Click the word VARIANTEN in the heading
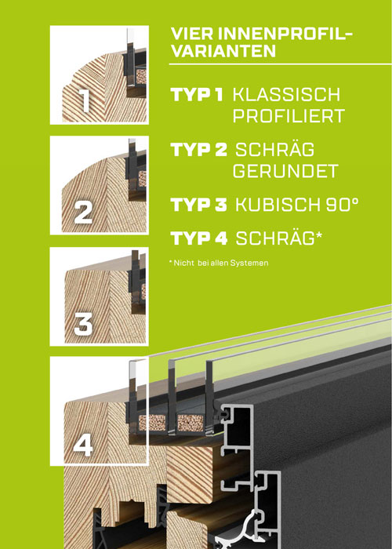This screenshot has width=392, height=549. click(223, 51)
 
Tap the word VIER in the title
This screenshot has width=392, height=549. click(192, 35)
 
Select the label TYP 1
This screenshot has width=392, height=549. click(197, 95)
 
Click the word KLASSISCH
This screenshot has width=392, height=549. click(286, 95)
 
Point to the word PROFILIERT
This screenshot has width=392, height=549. click(289, 116)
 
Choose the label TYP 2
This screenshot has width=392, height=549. click(199, 150)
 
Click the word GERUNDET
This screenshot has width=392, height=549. click(285, 171)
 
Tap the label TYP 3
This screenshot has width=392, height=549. click(199, 205)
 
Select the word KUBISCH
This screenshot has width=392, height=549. click(276, 205)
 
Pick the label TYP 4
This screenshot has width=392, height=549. click(199, 238)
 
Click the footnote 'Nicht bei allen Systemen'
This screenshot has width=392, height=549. click(219, 263)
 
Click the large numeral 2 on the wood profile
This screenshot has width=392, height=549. click(83, 213)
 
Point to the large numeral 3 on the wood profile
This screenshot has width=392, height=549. click(83, 324)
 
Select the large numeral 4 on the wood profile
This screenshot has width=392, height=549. click(83, 445)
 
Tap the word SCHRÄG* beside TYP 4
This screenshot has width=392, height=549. click(278, 238)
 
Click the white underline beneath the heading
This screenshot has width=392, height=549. click(280, 64)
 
